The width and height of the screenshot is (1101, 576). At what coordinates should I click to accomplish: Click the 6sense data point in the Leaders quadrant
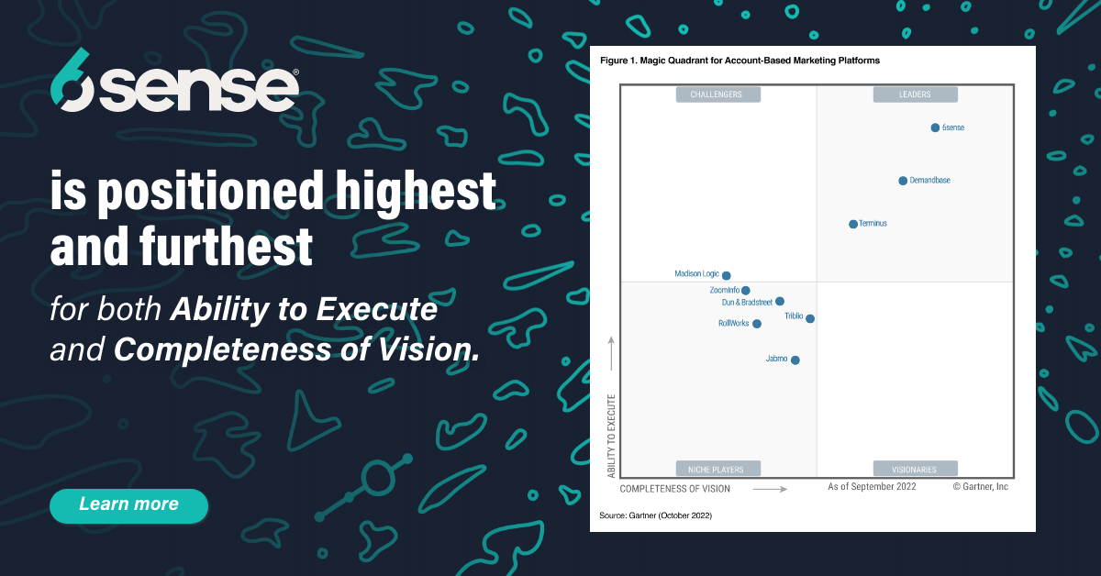[935, 127]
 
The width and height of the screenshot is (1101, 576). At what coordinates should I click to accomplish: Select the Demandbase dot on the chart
[903, 181]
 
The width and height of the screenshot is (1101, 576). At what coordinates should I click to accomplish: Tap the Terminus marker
[853, 224]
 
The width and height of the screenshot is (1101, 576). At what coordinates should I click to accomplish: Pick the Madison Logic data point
[727, 275]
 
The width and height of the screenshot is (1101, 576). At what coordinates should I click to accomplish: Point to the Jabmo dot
[795, 360]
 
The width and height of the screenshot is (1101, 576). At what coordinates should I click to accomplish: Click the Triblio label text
[794, 316]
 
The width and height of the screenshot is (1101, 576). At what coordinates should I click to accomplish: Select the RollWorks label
[733, 323]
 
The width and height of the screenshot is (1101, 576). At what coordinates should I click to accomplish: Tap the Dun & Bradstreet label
[747, 301]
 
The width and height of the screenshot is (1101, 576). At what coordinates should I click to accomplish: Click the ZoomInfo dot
[746, 291]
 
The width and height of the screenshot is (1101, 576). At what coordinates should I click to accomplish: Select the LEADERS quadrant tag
[915, 94]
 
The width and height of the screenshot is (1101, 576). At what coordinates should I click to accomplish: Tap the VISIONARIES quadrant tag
[915, 469]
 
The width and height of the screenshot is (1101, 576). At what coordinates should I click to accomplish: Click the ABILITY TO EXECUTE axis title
[611, 437]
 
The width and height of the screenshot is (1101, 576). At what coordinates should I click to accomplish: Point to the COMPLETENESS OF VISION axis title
[675, 489]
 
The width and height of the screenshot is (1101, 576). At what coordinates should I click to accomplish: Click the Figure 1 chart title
[740, 61]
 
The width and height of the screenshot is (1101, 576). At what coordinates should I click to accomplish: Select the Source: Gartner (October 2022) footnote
[655, 515]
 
